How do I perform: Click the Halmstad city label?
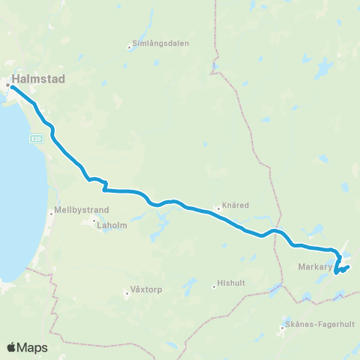click(x=39, y=78)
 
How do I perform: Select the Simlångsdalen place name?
click(x=160, y=43)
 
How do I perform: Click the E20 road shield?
click(x=36, y=138)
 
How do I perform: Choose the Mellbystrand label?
click(x=77, y=211)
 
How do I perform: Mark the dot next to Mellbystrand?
click(x=52, y=211)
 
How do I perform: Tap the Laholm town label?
click(x=110, y=222)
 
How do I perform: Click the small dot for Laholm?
click(x=94, y=221)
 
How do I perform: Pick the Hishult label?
click(x=229, y=283)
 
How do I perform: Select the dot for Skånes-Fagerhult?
click(x=283, y=325)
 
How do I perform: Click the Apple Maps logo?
click(x=26, y=346)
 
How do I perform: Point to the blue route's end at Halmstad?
click(x=12, y=87)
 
